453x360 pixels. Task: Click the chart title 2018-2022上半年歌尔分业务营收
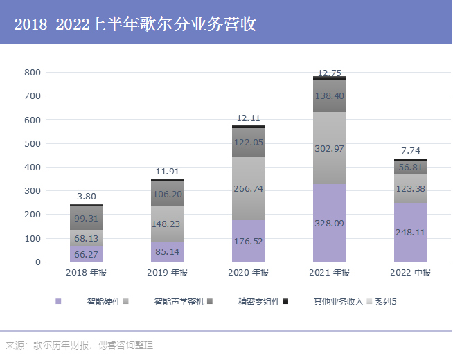coord(135,24)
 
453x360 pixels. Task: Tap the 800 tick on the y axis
coord(33,72)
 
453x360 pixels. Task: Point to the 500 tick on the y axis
coord(33,143)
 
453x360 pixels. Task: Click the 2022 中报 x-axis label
coord(410,273)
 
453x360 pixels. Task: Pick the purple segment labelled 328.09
coord(330,223)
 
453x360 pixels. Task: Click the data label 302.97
coord(330,148)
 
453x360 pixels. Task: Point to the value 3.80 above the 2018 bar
coord(87,197)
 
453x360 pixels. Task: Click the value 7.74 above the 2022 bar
coord(410,150)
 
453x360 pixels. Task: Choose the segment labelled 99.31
coord(87,218)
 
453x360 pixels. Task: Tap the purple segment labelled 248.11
coord(410,233)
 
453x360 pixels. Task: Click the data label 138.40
coord(330,96)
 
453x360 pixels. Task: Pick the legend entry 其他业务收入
coord(337,302)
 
